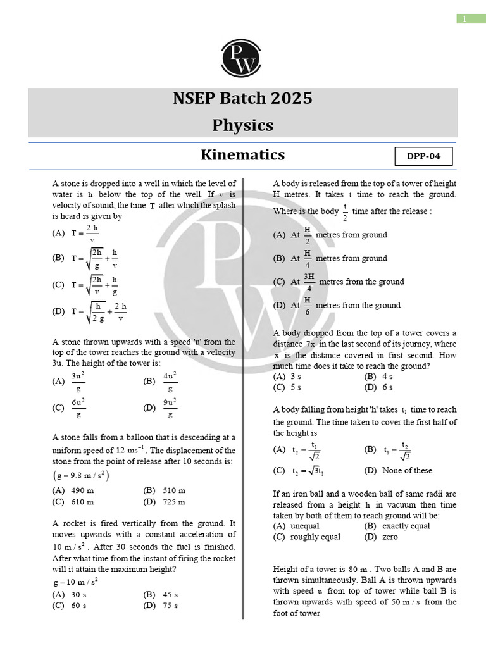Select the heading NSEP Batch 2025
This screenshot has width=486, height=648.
pos(243,99)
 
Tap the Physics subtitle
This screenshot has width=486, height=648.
pos(243,125)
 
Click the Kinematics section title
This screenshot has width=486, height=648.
pos(243,155)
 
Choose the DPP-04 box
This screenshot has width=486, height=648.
pos(424,156)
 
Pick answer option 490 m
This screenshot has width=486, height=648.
pos(82,490)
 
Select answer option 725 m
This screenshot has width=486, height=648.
pos(173,502)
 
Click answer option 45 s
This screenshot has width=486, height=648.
pos(169,595)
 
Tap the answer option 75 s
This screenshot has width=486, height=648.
pos(169,606)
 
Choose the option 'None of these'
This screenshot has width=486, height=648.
pos(407,470)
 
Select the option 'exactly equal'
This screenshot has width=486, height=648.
pos(406,526)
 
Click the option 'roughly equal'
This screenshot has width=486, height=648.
pos(315,537)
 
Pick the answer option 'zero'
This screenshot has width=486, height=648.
pos(390,537)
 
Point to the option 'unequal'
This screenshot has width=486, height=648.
pos(305,526)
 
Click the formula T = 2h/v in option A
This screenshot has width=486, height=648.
pos(85,233)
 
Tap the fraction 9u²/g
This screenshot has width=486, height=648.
pos(170,408)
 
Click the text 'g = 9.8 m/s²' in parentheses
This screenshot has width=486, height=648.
pos(80,475)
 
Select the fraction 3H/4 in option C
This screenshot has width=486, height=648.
pos(309,282)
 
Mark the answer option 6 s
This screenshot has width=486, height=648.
pos(387,387)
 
